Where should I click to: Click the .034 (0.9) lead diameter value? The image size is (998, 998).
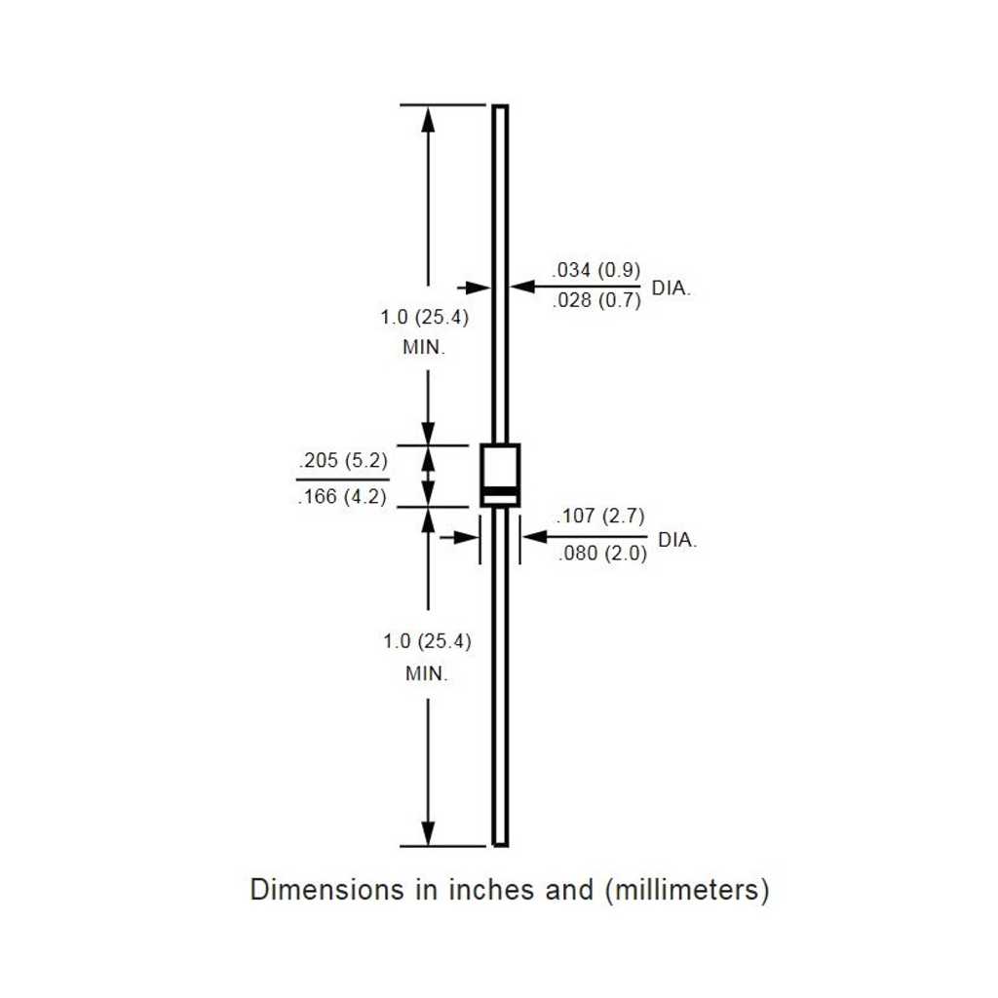click(x=595, y=270)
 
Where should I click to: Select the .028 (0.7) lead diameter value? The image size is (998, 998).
click(x=595, y=299)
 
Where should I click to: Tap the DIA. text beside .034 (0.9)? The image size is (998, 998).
click(x=671, y=288)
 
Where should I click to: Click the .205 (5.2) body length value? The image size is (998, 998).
click(x=343, y=460)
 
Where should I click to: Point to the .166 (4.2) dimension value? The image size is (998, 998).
click(x=342, y=496)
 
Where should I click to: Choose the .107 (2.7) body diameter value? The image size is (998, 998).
click(x=600, y=516)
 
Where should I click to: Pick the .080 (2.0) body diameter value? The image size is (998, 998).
click(x=602, y=554)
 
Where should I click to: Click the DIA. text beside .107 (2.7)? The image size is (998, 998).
click(x=677, y=540)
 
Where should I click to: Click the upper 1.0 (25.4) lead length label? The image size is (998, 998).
click(x=425, y=317)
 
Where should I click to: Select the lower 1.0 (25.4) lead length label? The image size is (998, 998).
click(x=427, y=641)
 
